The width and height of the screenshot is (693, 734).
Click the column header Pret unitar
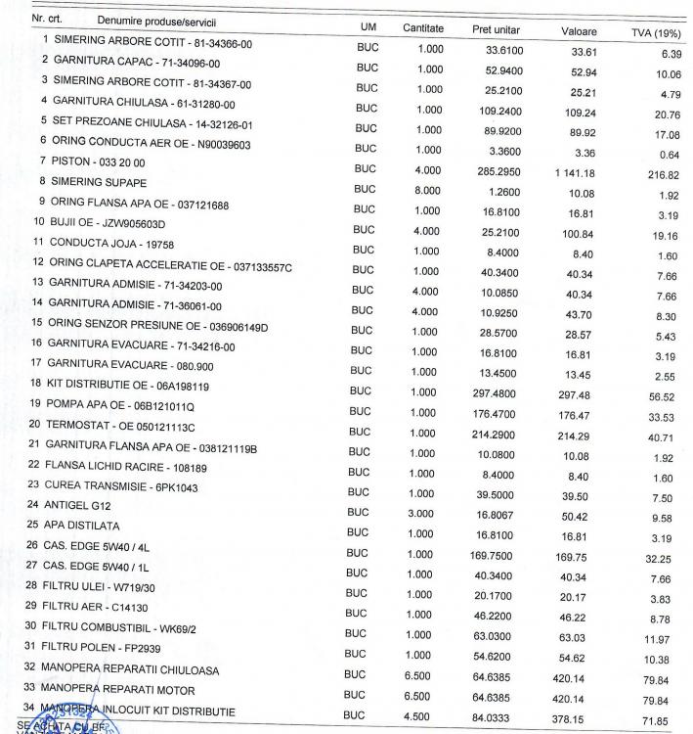click(x=494, y=29)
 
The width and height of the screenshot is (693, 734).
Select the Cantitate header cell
click(x=423, y=28)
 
